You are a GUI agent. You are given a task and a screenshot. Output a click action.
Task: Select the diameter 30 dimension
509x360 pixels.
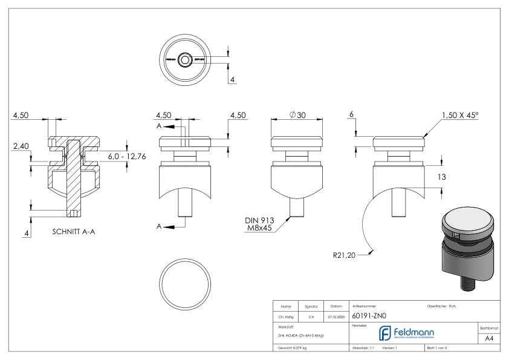[x=296, y=116]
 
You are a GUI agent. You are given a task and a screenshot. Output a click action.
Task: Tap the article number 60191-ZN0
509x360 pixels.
[x=369, y=315]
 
